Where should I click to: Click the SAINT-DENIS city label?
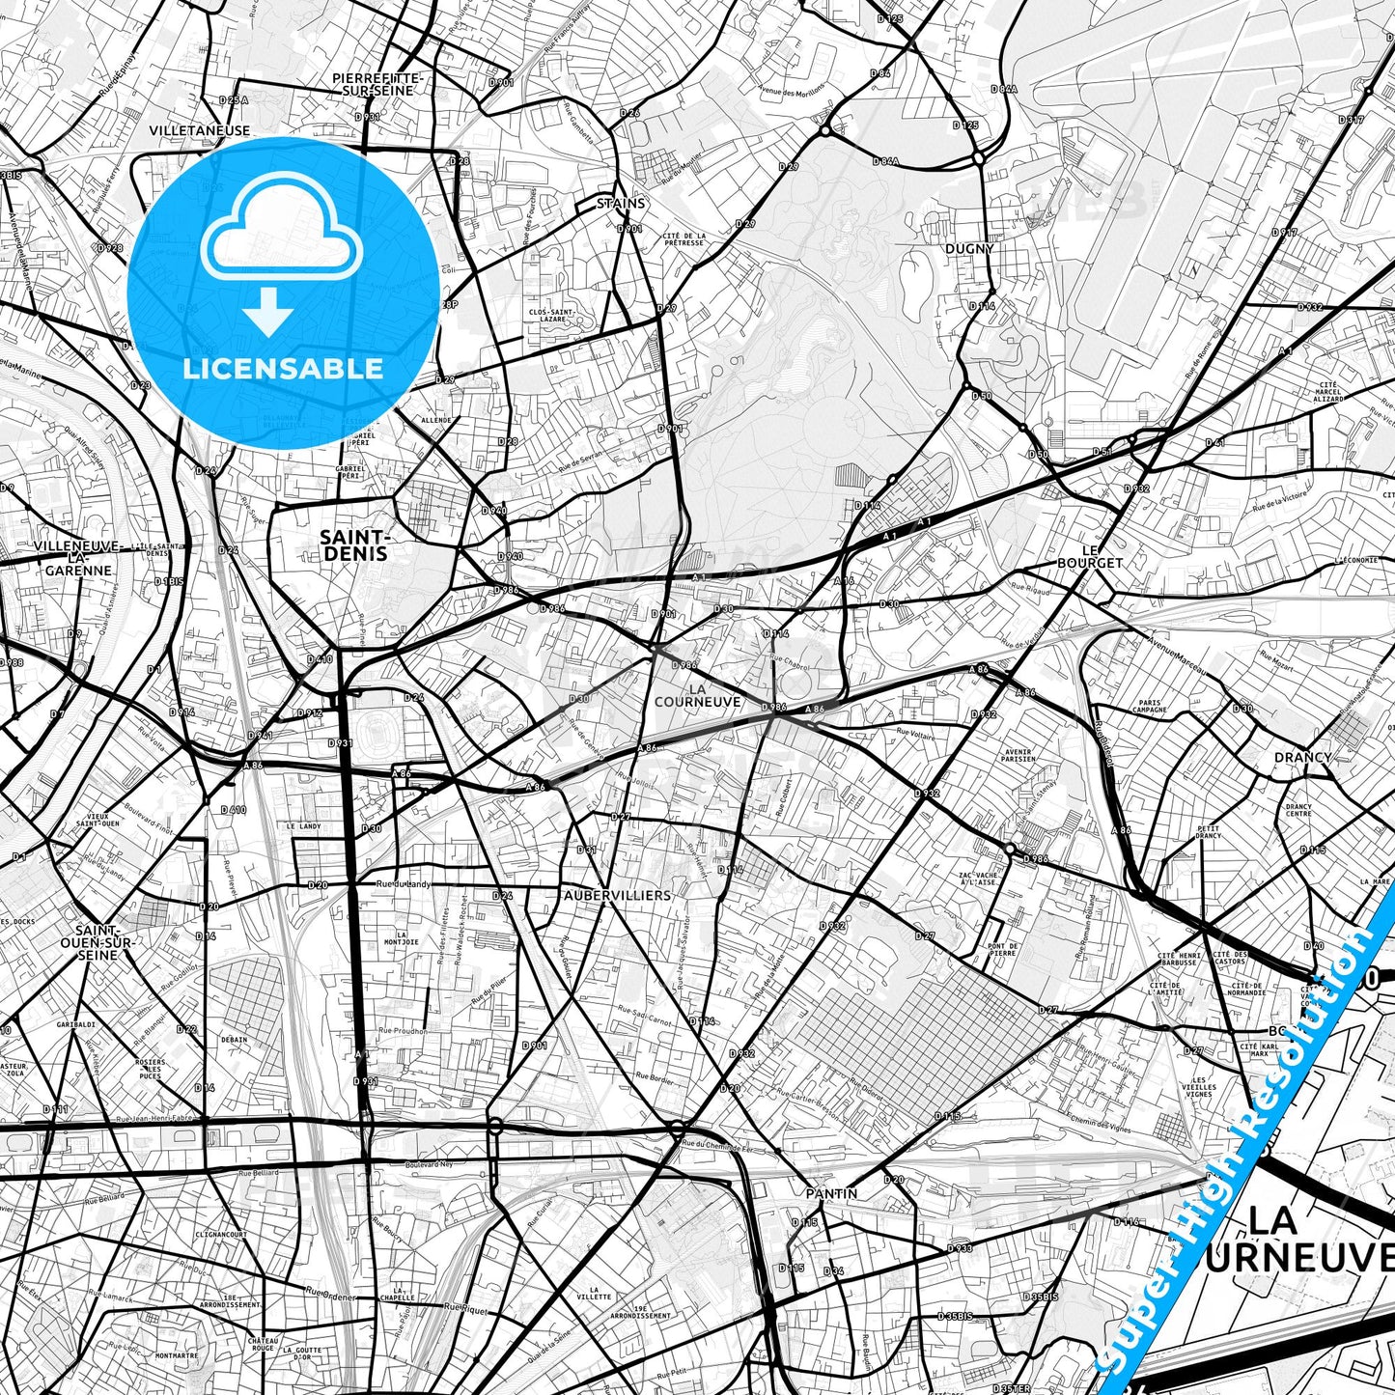pyautogui.click(x=353, y=545)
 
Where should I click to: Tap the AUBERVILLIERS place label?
pyautogui.click(x=617, y=895)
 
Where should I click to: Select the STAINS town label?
pyautogui.click(x=620, y=204)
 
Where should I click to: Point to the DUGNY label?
pyautogui.click(x=969, y=248)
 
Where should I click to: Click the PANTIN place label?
pyautogui.click(x=831, y=1193)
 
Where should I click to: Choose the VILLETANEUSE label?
pyautogui.click(x=200, y=130)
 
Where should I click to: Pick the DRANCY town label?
pyautogui.click(x=1302, y=757)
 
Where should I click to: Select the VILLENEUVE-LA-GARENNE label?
pyautogui.click(x=77, y=558)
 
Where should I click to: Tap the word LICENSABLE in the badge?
pyautogui.click(x=282, y=369)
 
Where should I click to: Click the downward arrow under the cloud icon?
pyautogui.click(x=268, y=312)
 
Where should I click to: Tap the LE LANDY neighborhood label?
pyautogui.click(x=303, y=826)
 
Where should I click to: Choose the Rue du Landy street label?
pyautogui.click(x=402, y=883)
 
